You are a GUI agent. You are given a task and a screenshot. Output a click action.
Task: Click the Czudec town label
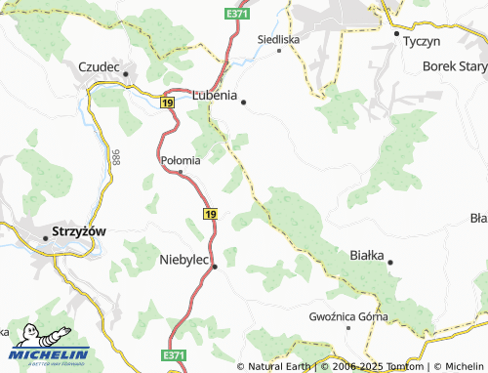98,67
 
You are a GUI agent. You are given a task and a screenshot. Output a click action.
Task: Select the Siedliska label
278,38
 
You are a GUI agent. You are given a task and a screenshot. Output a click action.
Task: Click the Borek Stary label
454,66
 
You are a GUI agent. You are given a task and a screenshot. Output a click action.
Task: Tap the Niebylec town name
183,260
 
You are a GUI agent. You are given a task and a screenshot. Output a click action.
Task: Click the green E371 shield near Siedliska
235,14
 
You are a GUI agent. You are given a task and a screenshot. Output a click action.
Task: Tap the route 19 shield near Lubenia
169,102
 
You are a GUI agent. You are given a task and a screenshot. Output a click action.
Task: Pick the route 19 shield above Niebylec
210,212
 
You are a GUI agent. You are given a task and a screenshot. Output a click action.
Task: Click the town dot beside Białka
390,262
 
